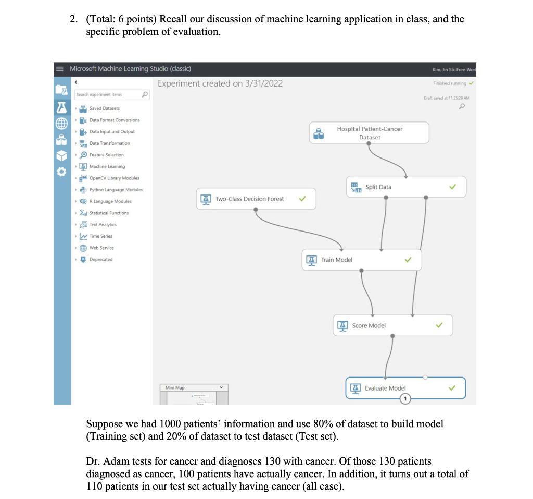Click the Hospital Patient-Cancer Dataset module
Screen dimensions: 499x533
pos(369,133)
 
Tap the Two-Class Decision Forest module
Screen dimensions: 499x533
pos(250,199)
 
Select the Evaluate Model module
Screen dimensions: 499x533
pos(385,388)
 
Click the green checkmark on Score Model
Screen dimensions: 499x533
pos(439,325)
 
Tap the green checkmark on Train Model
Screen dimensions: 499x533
pos(408,260)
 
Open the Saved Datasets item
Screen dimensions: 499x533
pos(104,108)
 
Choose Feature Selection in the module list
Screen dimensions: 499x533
pos(106,155)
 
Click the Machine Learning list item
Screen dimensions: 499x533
pos(107,166)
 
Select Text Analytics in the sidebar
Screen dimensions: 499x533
pos(103,225)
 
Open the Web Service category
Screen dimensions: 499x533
pos(101,248)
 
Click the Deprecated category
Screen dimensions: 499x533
pos(100,259)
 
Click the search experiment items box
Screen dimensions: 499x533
pos(107,94)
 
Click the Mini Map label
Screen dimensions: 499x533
pos(175,388)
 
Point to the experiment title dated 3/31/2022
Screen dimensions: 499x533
pos(220,83)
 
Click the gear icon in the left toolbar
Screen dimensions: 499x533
pos(61,172)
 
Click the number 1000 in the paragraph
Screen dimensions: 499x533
pos(170,424)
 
